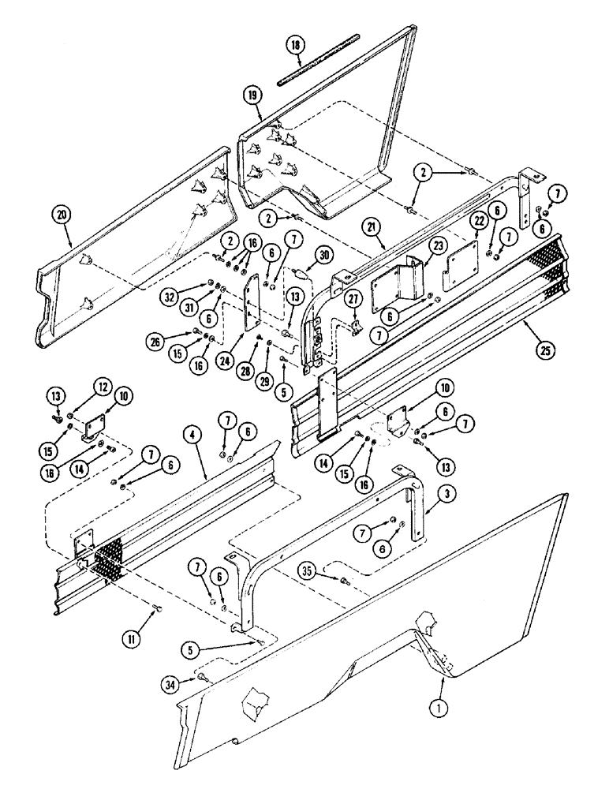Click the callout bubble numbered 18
tap(295, 47)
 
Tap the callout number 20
tap(59, 212)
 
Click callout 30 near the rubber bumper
tap(323, 253)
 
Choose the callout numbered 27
tap(352, 297)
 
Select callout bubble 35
tap(309, 570)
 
